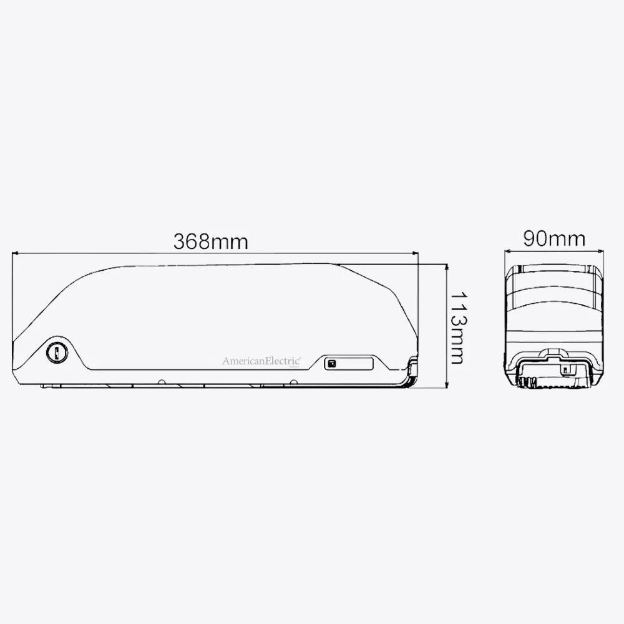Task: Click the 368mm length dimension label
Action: click(x=210, y=241)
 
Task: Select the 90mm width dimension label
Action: click(x=554, y=239)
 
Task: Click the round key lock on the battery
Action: click(x=57, y=352)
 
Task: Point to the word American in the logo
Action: click(x=243, y=361)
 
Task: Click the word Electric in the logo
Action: click(x=283, y=361)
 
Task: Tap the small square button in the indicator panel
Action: click(x=331, y=363)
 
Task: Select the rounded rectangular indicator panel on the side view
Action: click(x=349, y=363)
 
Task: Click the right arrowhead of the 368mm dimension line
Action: click(x=415, y=252)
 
